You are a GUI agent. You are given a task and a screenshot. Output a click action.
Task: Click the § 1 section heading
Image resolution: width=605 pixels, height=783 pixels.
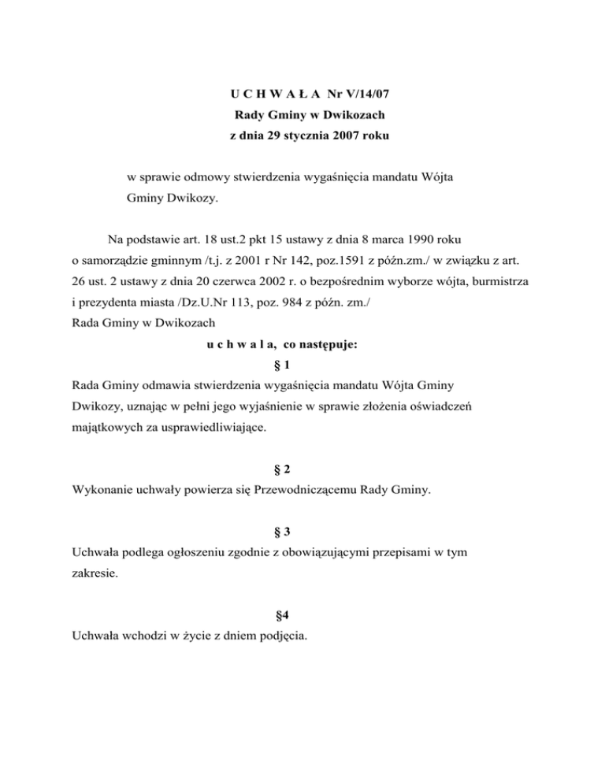pos(302,365)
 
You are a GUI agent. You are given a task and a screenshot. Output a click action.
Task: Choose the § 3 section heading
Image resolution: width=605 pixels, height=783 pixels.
pos(302,533)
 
